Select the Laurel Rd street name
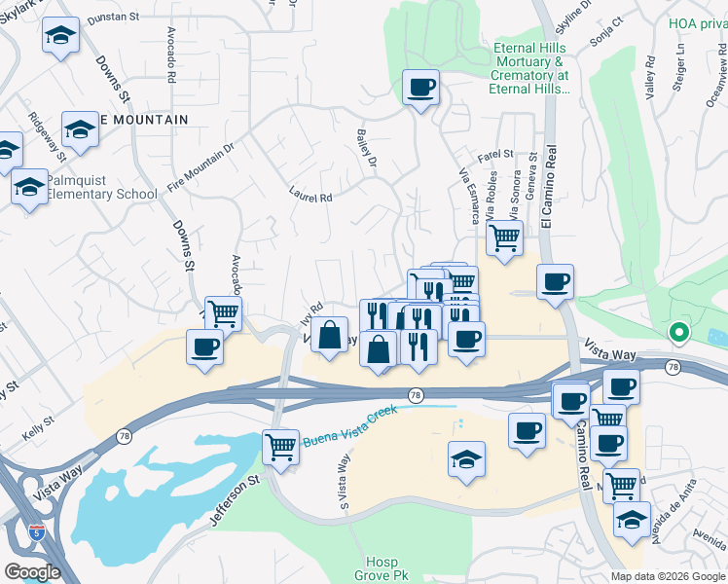tap(311, 196)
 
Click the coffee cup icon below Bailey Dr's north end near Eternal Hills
tap(420, 89)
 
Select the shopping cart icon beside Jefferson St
tap(280, 448)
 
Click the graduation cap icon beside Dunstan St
tap(61, 36)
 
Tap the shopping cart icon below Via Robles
tap(504, 237)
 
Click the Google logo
tap(32, 571)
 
